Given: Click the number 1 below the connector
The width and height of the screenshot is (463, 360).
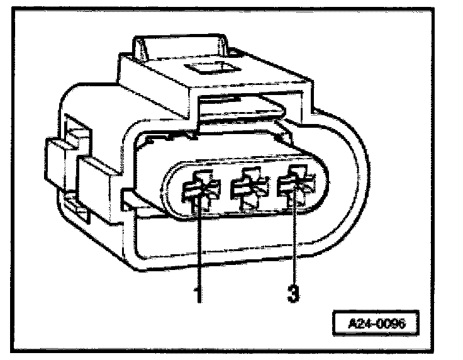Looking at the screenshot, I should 199,294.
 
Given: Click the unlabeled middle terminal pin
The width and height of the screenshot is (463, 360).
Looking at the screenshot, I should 247,189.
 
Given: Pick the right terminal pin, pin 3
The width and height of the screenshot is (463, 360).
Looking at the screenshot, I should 294,187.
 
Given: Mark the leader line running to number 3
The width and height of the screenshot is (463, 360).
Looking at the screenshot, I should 294,245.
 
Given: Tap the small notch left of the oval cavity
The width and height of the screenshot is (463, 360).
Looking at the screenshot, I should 130,200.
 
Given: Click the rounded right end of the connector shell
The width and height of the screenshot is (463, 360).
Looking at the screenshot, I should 352,183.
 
